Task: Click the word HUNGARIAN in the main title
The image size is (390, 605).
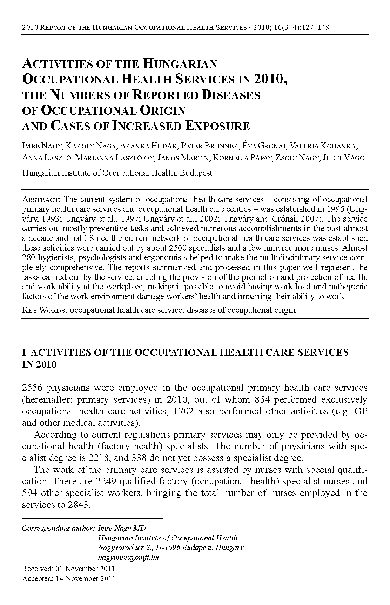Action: [180, 64]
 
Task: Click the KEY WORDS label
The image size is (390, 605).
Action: [44, 310]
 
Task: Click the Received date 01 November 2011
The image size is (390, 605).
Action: [85, 569]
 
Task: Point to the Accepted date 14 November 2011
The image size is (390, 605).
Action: [85, 579]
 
